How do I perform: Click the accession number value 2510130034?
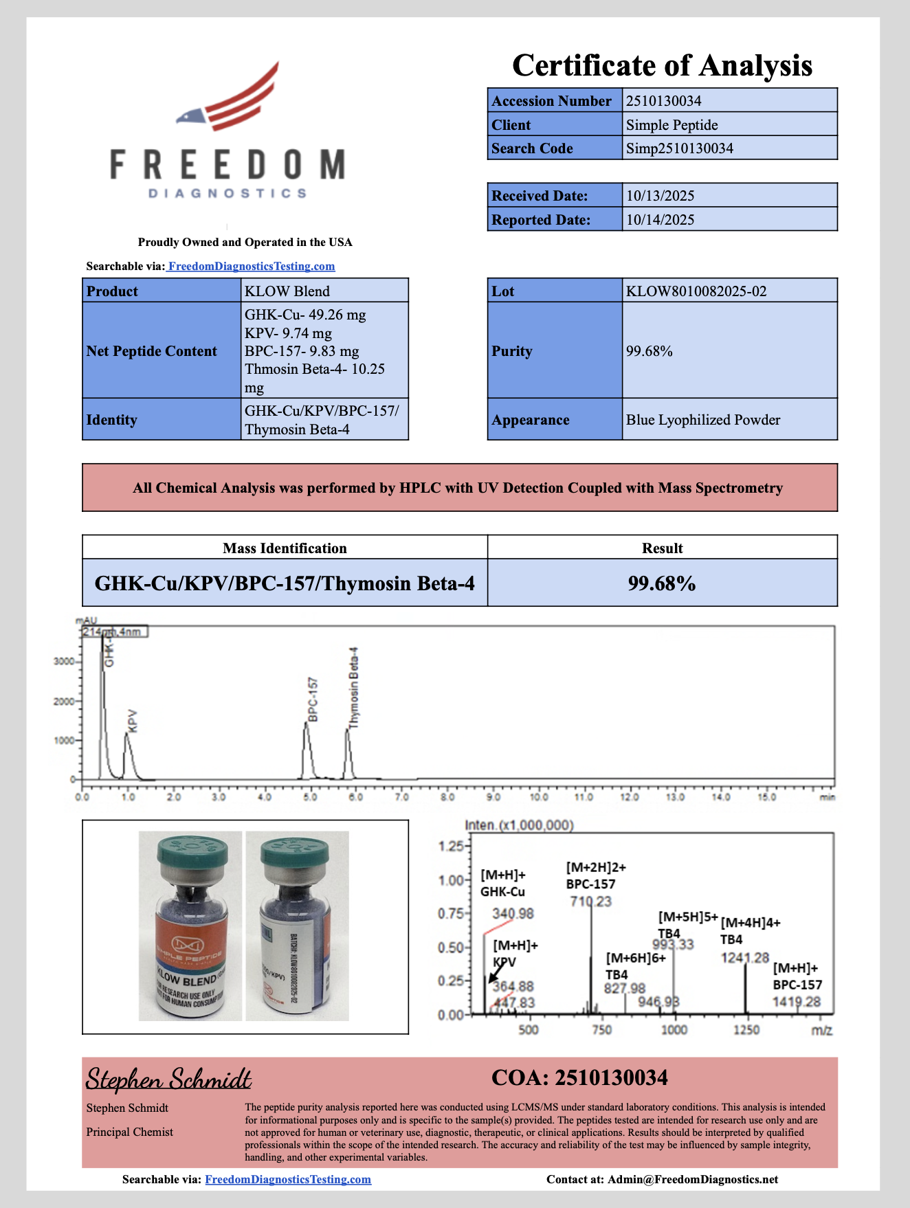tap(663, 101)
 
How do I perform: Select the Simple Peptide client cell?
tap(672, 125)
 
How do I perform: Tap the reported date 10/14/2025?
tap(660, 220)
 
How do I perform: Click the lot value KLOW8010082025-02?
tap(696, 291)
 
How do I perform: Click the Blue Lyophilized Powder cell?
tap(702, 420)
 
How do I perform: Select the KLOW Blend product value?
tap(287, 291)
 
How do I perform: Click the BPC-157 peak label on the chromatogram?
tap(313, 700)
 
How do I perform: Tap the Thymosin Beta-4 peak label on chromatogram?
tap(354, 687)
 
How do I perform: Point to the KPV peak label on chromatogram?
tap(133, 721)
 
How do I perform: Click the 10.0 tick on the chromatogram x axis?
tap(538, 797)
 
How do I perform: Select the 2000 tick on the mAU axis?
tap(64, 702)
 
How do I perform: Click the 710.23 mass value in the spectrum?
tap(590, 902)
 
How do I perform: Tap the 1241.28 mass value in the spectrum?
tap(744, 958)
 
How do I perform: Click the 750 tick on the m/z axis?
tap(601, 1029)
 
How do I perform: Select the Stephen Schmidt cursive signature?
tap(168, 1080)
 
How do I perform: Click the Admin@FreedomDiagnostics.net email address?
tap(693, 1180)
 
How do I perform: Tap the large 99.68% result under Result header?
tap(661, 583)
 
